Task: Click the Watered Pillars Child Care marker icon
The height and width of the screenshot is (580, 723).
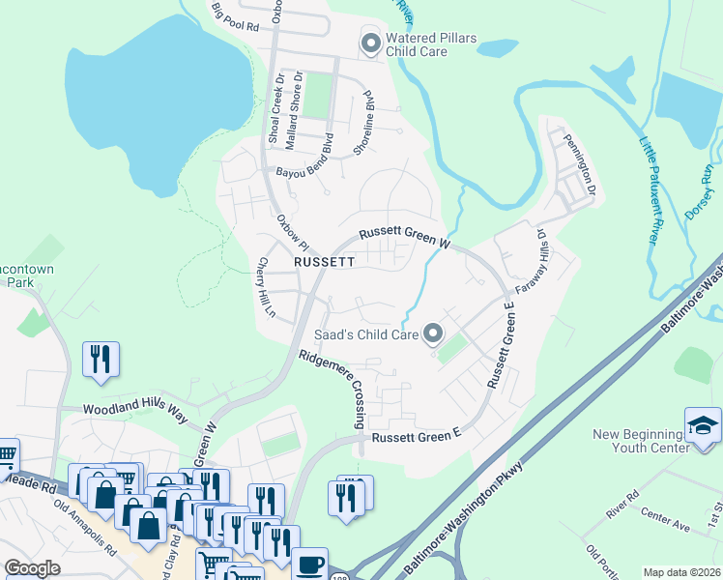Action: pyautogui.click(x=370, y=43)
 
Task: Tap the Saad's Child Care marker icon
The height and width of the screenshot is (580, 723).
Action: pyautogui.click(x=433, y=334)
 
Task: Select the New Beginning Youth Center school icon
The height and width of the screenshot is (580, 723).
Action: pyautogui.click(x=703, y=425)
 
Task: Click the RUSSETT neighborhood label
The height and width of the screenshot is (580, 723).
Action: pyautogui.click(x=325, y=262)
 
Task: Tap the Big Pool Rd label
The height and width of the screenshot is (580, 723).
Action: pyautogui.click(x=236, y=18)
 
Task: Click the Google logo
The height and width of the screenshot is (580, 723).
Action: pyautogui.click(x=32, y=568)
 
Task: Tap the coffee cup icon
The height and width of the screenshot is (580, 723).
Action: pyautogui.click(x=309, y=565)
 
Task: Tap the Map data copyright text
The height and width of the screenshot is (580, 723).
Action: pyautogui.click(x=681, y=572)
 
